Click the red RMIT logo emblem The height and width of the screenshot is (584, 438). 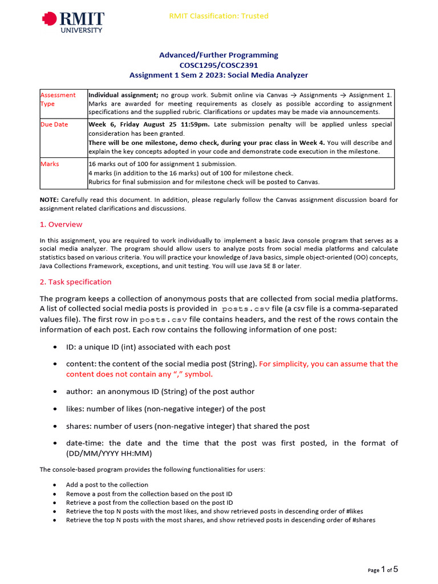(50, 20)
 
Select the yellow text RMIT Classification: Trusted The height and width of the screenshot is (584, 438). (218, 16)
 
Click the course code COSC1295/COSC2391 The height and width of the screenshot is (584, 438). (218, 65)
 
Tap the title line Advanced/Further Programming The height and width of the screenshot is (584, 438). (218, 55)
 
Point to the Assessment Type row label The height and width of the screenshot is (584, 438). (58, 99)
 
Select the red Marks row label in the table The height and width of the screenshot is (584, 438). (50, 164)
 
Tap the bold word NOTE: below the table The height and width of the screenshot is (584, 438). (49, 200)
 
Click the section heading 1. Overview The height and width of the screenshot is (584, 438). (61, 225)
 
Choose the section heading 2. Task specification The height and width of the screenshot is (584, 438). (75, 282)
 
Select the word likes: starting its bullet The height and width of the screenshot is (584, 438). (76, 408)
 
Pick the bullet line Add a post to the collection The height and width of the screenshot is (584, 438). (107, 485)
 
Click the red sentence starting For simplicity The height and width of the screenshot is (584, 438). (328, 364)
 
